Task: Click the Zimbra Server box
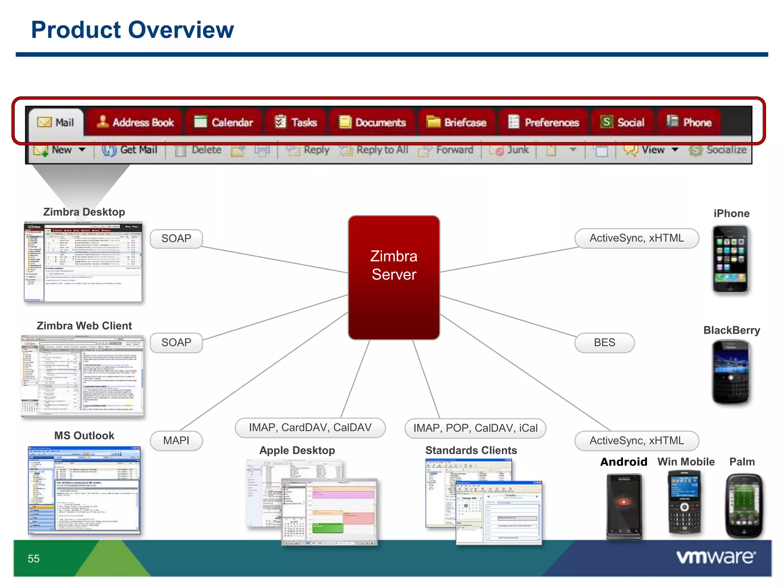pyautogui.click(x=394, y=277)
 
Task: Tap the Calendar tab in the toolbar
pyautogui.click(x=224, y=122)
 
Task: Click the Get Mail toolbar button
pyautogui.click(x=130, y=150)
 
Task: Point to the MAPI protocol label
pyautogui.click(x=176, y=441)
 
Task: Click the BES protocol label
pyautogui.click(x=604, y=343)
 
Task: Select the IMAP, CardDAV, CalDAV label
pyautogui.click(x=310, y=428)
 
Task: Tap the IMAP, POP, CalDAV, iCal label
pyautogui.click(x=475, y=428)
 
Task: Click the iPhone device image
pyautogui.click(x=730, y=259)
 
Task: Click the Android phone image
pyautogui.click(x=624, y=505)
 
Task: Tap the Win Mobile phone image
pyautogui.click(x=684, y=502)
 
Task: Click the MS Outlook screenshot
pyautogui.click(x=84, y=490)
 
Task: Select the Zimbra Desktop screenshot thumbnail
pyautogui.click(x=83, y=261)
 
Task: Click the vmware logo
pyautogui.click(x=716, y=557)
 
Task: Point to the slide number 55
pyautogui.click(x=34, y=559)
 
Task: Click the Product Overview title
pyautogui.click(x=132, y=30)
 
